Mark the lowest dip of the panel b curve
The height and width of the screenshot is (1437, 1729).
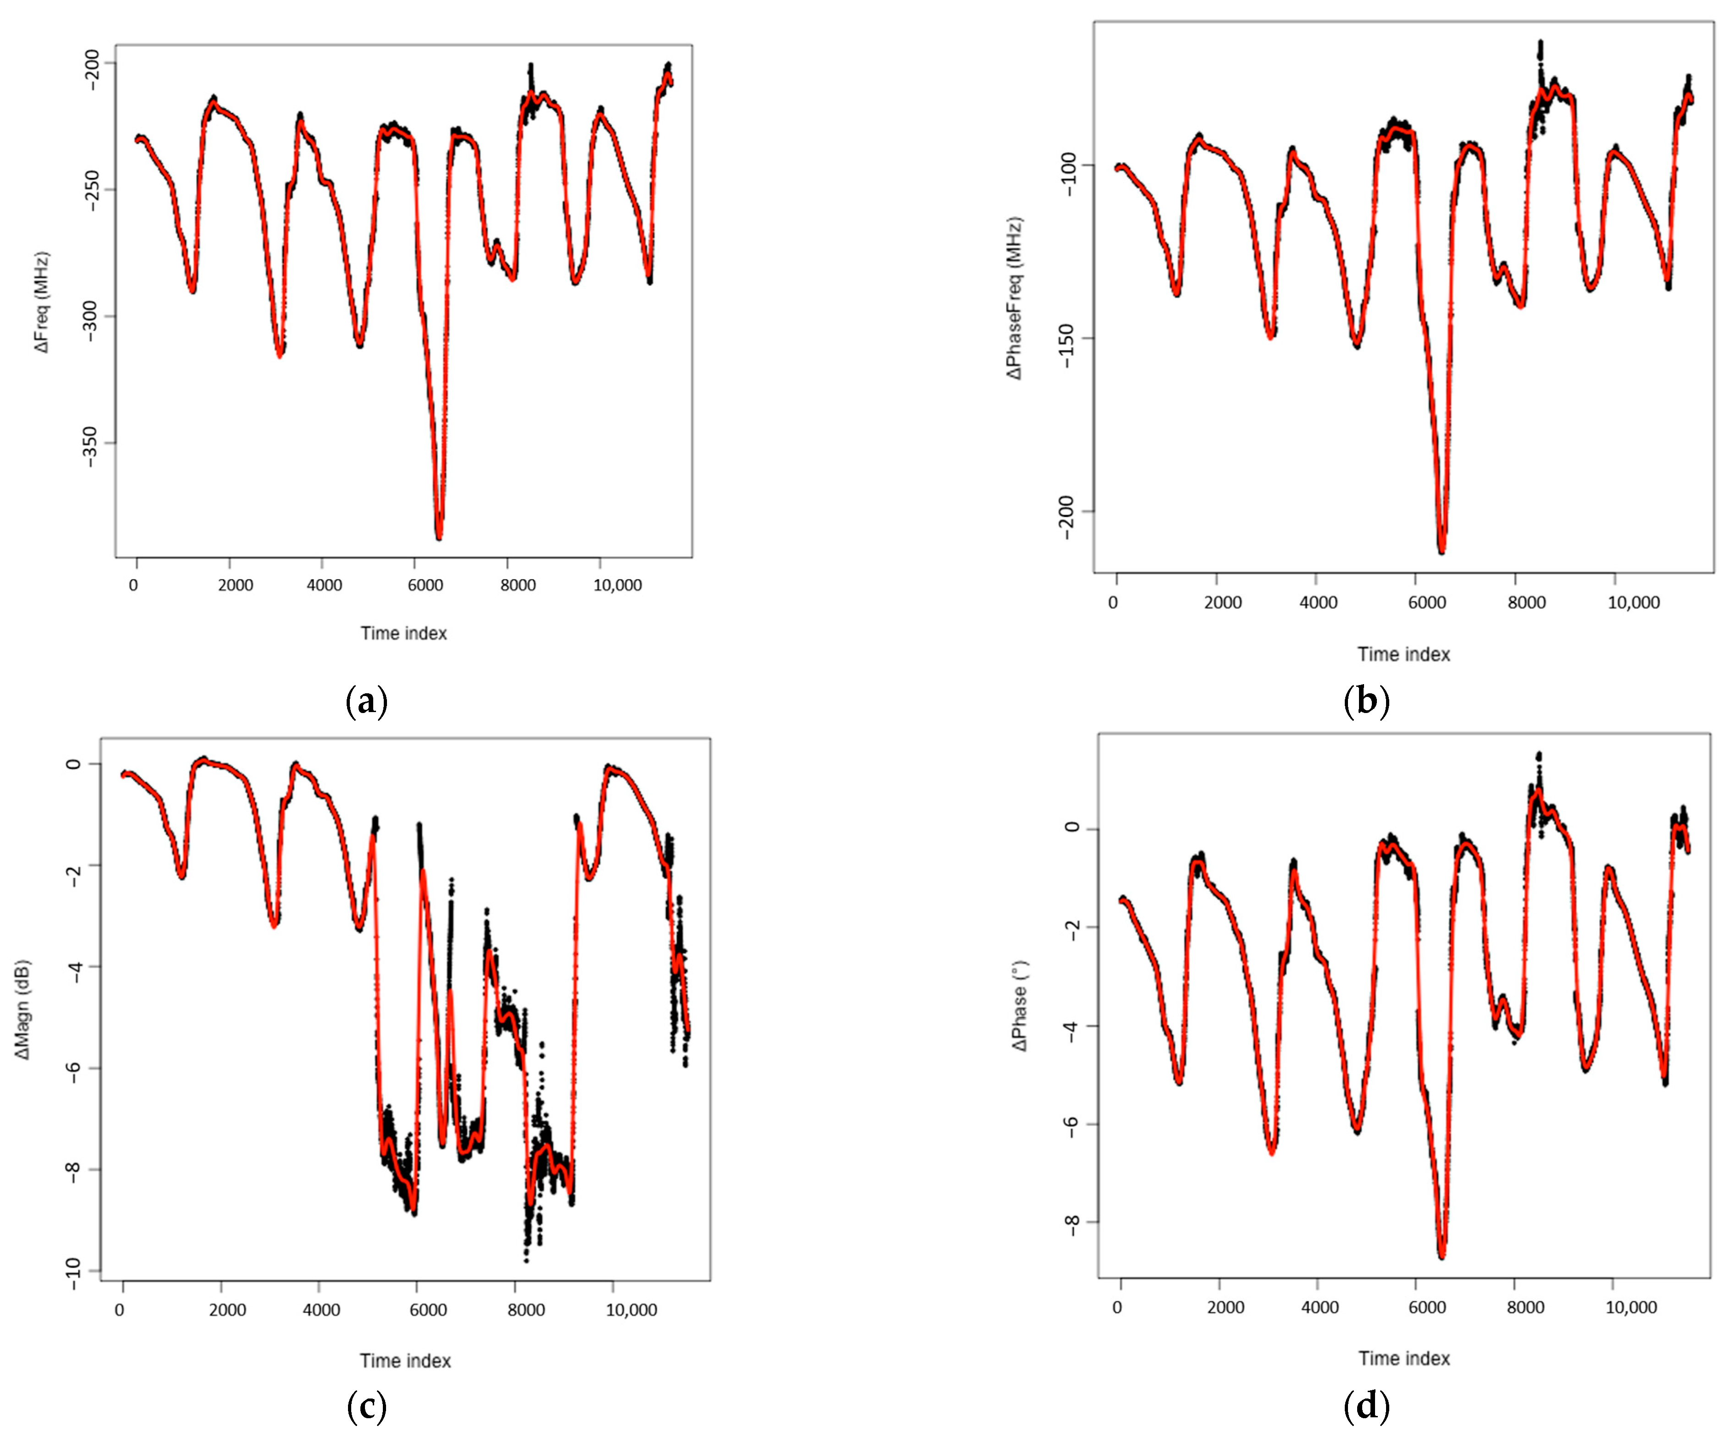point(1442,551)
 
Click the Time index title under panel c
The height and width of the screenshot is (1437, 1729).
point(405,1360)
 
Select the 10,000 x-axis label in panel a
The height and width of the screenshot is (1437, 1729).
point(618,585)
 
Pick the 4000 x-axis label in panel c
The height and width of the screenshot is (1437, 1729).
point(321,1310)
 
